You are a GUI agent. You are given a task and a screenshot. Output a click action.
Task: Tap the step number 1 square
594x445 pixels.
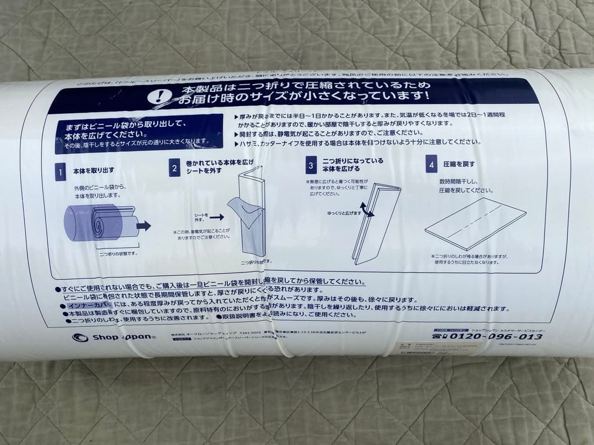click(60, 172)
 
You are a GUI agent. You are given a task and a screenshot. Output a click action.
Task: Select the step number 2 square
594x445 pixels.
click(174, 168)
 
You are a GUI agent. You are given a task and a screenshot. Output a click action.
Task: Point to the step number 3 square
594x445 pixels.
click(311, 165)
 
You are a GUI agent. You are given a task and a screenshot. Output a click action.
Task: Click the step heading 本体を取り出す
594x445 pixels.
click(94, 171)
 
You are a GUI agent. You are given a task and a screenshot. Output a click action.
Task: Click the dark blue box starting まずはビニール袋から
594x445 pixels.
click(137, 134)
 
